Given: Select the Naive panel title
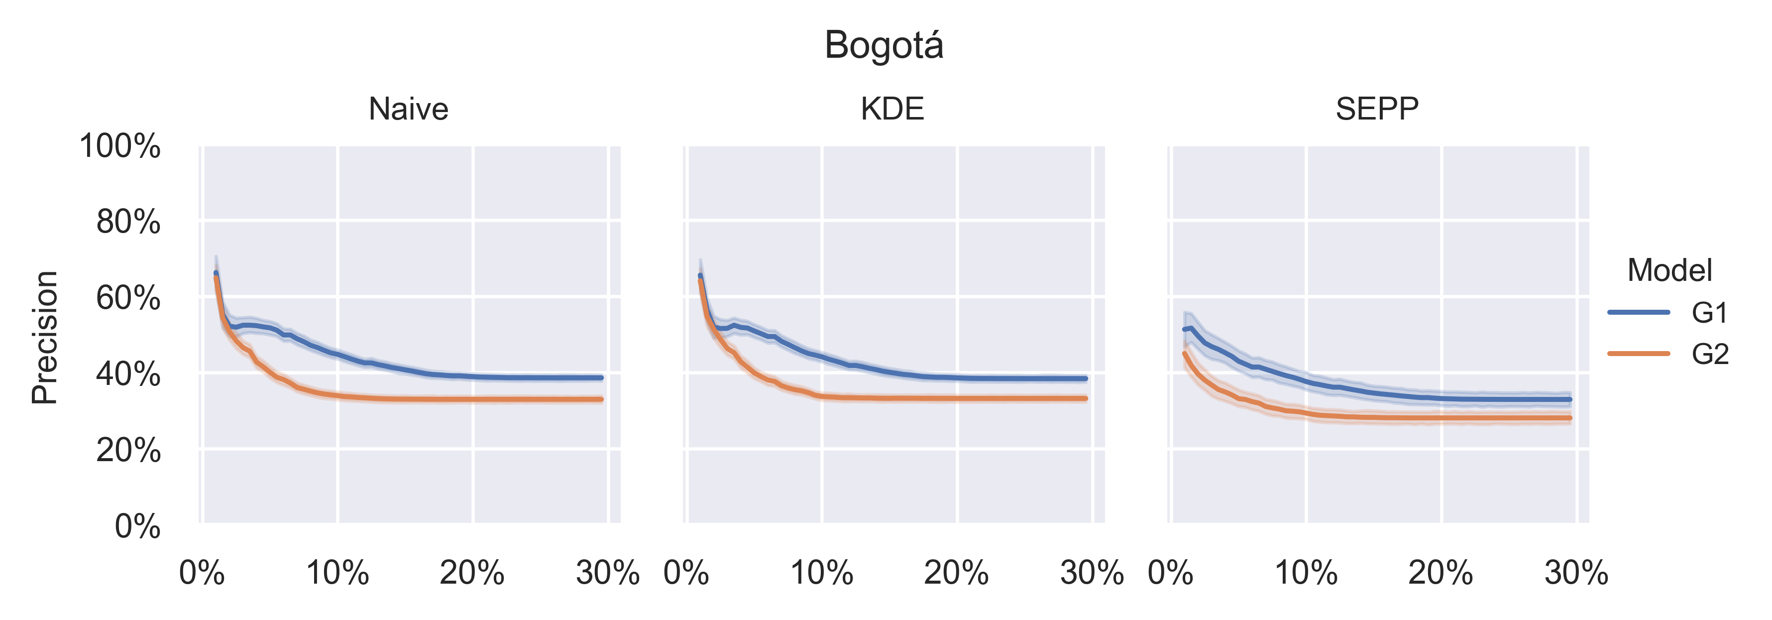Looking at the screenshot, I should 409,109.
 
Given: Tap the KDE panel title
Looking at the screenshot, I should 892,109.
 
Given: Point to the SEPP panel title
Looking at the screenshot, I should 1377,109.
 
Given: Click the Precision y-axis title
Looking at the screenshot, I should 45,337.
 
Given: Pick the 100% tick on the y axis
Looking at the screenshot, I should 120,146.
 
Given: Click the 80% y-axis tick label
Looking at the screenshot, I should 128,222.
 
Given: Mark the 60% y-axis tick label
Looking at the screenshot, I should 128,299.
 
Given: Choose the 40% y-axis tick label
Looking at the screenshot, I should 128,374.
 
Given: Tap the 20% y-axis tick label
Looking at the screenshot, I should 128,451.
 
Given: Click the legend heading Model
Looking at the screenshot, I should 1669,270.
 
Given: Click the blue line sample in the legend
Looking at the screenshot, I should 1639,312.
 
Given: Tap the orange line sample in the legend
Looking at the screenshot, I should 1639,354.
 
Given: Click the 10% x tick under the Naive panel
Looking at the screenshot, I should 337,573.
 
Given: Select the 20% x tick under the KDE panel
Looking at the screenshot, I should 956,573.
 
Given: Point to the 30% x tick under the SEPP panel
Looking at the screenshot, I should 1576,573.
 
